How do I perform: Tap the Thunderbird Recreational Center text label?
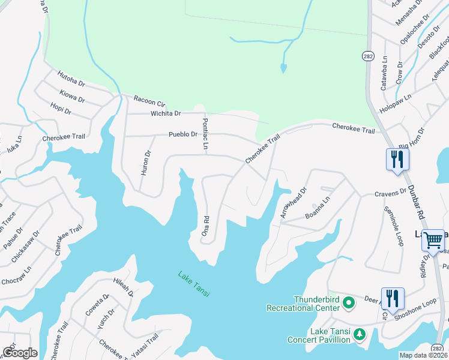pyautogui.click(x=304, y=304)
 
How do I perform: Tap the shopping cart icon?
pyautogui.click(x=433, y=240)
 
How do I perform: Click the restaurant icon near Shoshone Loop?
pyautogui.click(x=392, y=298)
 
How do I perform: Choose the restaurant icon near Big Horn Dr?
pyautogui.click(x=397, y=160)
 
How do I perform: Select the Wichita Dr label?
pyautogui.click(x=166, y=113)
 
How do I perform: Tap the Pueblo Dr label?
pyautogui.click(x=182, y=134)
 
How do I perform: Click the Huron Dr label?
pyautogui.click(x=146, y=163)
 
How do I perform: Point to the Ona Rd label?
pyautogui.click(x=205, y=226)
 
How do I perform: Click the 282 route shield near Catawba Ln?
pyautogui.click(x=369, y=55)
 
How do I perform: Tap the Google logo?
pyautogui.click(x=20, y=352)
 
